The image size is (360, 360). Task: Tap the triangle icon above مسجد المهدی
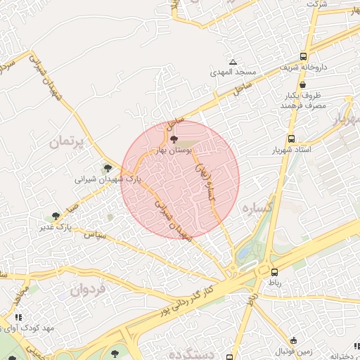[x=233, y=62]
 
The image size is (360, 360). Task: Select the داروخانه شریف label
[x=303, y=67]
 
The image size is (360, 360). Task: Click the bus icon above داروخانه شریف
[x=303, y=57]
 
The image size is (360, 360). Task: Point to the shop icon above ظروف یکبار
[x=303, y=84]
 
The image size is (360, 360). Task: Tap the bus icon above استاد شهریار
[x=291, y=139]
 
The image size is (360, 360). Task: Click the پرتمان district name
[x=67, y=142]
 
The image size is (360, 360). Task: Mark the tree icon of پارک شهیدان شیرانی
[x=107, y=168]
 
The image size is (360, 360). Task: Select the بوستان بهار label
[x=174, y=150]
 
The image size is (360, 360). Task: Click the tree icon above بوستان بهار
[x=174, y=140]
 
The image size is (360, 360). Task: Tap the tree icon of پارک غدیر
[x=56, y=216]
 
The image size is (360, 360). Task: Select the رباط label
[x=272, y=282]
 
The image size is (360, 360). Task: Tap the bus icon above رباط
[x=273, y=271]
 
